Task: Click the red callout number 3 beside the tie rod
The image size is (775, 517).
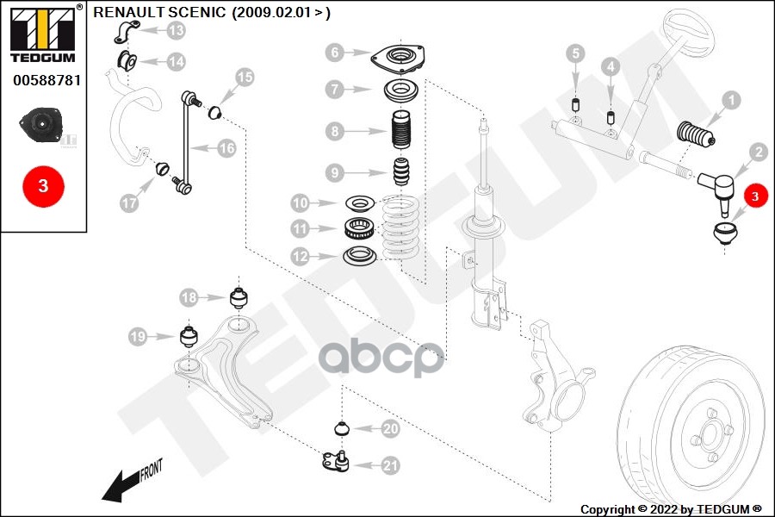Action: point(755,197)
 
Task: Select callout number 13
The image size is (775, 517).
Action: point(176,31)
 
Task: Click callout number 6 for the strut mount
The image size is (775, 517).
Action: point(334,53)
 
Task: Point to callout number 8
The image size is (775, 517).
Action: point(334,132)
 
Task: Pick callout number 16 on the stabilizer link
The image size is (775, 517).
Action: point(226,148)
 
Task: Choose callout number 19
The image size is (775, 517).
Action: point(137,337)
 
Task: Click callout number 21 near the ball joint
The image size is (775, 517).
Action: point(390,465)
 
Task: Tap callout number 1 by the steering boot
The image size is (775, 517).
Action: point(730,101)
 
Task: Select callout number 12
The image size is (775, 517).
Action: point(300,256)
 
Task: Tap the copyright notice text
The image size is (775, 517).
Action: point(671,509)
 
